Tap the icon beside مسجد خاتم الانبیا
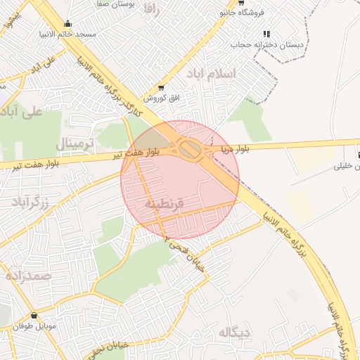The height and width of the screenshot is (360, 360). tap(67, 23)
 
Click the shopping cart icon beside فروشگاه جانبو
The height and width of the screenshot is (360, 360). tap(241, 2)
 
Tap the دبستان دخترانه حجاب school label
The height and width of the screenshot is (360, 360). tap(268, 44)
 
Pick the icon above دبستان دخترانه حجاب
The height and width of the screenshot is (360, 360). tap(266, 33)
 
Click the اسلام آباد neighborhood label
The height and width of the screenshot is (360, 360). tap(211, 73)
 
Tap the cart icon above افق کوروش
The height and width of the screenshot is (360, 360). tap(162, 88)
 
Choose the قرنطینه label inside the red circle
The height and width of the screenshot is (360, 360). tap(165, 203)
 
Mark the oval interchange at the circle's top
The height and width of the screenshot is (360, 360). tap(188, 148)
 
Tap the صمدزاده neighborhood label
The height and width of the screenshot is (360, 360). tap(29, 276)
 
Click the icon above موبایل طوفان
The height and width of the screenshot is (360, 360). tap(34, 316)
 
